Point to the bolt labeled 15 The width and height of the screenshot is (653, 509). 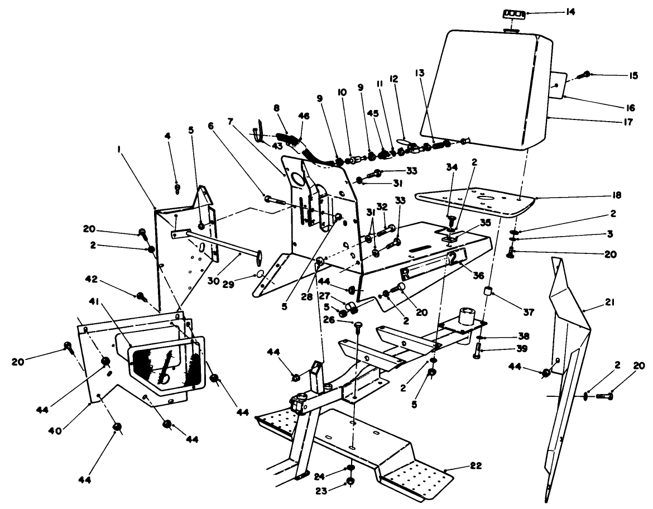[x=584, y=74]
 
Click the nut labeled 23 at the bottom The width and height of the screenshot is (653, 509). [x=350, y=482]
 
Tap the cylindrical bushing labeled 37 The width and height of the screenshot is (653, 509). [x=490, y=291]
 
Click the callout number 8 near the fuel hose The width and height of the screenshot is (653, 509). [x=277, y=108]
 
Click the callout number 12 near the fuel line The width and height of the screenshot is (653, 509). [x=393, y=80]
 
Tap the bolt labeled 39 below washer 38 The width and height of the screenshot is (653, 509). [x=478, y=353]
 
